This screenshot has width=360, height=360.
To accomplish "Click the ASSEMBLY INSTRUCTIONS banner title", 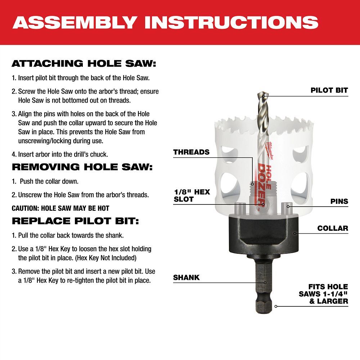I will (165, 22).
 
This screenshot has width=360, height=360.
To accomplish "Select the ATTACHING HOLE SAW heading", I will (84, 64).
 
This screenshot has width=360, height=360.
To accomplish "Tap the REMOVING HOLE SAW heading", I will (82, 167).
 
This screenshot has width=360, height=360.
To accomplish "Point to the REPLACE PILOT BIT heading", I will (75, 220).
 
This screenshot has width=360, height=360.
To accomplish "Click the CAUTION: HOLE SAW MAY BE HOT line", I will (60, 208).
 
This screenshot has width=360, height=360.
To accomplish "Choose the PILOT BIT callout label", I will (329, 90).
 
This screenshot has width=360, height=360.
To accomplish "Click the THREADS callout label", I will (191, 152).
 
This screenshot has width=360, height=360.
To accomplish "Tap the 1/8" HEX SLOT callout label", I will (192, 195).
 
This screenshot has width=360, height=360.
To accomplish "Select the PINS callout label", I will (339, 201).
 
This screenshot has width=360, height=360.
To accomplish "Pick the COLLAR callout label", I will (333, 228).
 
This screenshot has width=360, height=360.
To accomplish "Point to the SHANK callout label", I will (186, 278).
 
